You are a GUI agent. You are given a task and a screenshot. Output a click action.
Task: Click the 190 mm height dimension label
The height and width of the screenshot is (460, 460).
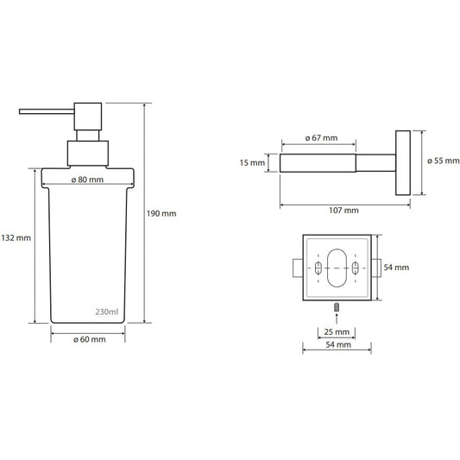[x=161, y=213]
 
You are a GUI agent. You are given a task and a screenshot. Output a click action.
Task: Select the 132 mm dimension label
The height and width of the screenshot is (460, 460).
[x=16, y=237]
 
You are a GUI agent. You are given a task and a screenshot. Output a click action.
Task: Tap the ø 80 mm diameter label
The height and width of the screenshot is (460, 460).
[x=87, y=180]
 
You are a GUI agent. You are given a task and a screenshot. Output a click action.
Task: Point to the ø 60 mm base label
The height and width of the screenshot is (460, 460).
[x=90, y=339]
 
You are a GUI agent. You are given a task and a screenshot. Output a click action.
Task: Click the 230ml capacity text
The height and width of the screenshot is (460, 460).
[x=107, y=312]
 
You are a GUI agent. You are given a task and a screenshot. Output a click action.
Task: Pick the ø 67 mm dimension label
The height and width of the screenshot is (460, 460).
[x=321, y=138]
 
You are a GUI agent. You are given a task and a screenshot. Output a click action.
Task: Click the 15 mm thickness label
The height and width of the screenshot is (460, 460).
[x=252, y=162]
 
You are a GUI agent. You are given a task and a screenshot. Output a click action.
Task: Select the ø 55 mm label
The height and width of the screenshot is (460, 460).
[x=444, y=161]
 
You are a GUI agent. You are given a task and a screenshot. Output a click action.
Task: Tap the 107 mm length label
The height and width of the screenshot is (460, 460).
[x=343, y=211]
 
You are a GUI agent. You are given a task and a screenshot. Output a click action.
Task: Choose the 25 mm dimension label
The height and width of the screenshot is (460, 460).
[x=337, y=332]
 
